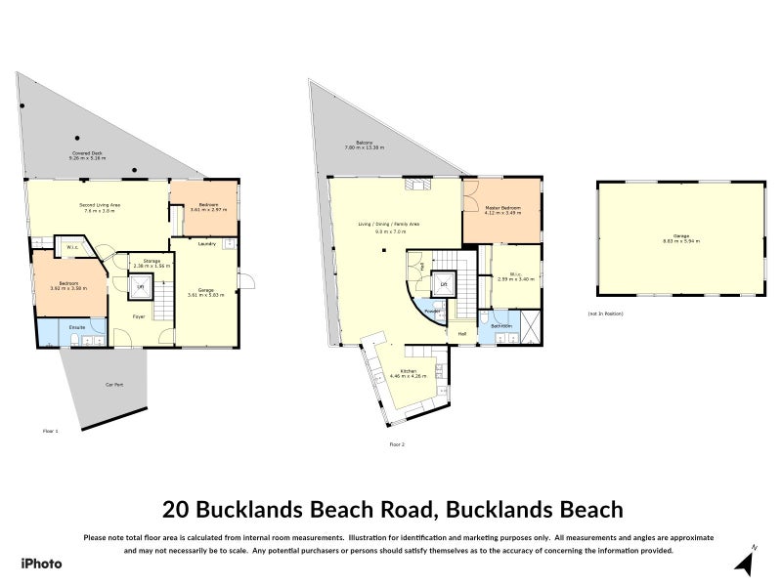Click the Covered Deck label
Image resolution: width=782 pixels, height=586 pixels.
coord(87,155)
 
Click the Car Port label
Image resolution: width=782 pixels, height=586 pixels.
coord(114,384)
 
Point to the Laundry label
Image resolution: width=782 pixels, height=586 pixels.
coord(206,244)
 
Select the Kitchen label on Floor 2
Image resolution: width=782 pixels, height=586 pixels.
coord(408,373)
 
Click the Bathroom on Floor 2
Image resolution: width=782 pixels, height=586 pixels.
coord(500,326)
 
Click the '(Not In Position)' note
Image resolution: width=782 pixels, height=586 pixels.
coord(606,314)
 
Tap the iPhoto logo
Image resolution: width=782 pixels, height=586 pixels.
coord(41,564)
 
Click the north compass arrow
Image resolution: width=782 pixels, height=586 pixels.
coord(745,563)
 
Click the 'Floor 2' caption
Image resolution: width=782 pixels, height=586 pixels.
coord(397,444)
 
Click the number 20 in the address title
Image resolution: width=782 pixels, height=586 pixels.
coord(176,509)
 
